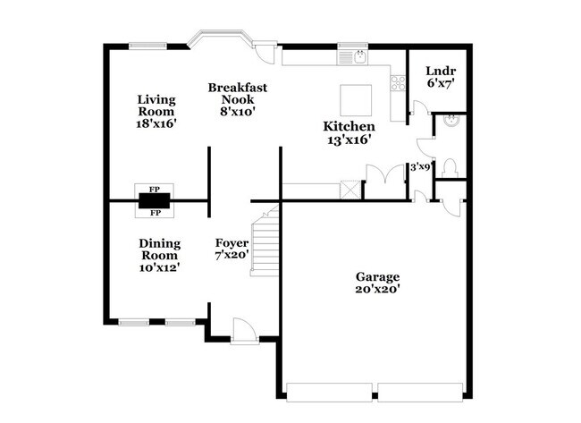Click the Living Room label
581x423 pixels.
156,113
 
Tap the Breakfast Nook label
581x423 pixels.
238,99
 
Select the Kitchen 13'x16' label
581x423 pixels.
348,133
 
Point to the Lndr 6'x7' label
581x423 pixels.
441,76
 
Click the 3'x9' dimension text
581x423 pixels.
420,166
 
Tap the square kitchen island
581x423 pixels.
354,96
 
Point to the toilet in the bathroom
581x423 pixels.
450,166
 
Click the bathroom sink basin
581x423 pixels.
451,121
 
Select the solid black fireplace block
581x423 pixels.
154,201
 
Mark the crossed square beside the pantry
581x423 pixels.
350,190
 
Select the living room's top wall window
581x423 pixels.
146,47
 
